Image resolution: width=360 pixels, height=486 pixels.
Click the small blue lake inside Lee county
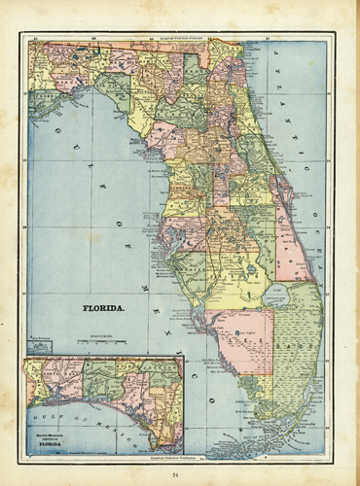239,334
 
